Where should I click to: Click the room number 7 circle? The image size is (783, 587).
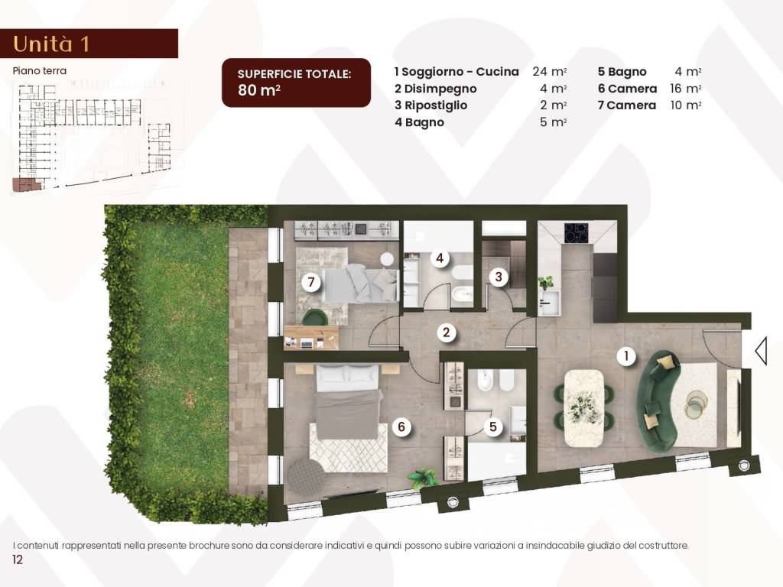tap(311, 282)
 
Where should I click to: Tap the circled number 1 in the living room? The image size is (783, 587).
tap(626, 356)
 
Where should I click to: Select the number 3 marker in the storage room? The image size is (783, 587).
tap(499, 276)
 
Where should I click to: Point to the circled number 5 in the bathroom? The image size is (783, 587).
tap(493, 426)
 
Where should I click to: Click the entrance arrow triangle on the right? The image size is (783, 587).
tap(761, 351)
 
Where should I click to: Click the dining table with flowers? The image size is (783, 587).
tap(583, 409)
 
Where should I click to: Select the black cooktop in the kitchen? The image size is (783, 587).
tap(577, 232)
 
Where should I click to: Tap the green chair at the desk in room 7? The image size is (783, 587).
tap(314, 317)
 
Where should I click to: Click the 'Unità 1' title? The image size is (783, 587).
tap(51, 44)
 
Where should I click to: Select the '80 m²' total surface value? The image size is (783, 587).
tap(258, 90)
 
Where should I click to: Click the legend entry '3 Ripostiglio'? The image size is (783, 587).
tap(431, 105)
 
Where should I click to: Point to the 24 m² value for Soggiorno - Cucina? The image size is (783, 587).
tap(549, 71)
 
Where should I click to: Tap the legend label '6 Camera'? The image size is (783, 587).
tap(627, 89)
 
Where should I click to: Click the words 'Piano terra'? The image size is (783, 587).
tap(40, 71)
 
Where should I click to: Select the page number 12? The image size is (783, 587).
tap(18, 559)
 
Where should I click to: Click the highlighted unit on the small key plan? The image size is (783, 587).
tap(26, 184)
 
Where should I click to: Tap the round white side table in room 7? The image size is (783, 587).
tap(387, 259)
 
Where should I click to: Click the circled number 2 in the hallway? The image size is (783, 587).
tap(446, 332)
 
